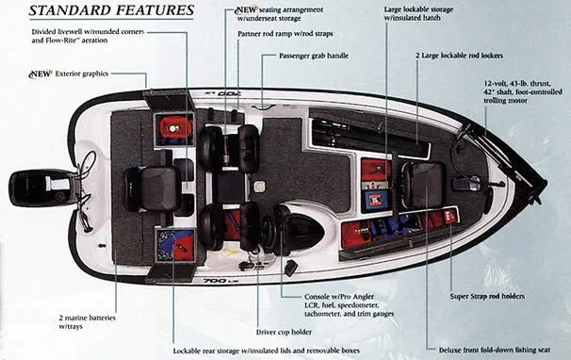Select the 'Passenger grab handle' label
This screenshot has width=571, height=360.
point(314,57)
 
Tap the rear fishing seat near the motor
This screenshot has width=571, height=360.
point(155,188)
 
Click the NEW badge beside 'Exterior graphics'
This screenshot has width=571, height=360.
point(40,74)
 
